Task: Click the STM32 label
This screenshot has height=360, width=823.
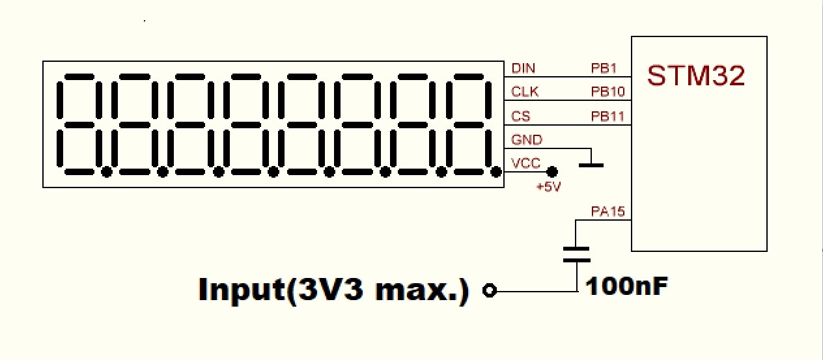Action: coord(696,76)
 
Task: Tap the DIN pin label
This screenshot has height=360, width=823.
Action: coord(523,68)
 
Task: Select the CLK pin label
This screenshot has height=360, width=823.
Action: coord(525,92)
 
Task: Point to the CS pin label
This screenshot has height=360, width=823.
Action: coord(520,116)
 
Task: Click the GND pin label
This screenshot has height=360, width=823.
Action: coord(527,139)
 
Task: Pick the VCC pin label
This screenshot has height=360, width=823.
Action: coord(526,163)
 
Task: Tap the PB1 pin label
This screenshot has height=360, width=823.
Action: coord(604,68)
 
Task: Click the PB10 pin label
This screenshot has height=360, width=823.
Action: coord(607,92)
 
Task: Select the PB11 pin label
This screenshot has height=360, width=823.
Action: coord(607,116)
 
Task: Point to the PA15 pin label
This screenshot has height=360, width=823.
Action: coord(607,212)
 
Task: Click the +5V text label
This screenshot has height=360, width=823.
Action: coord(548,187)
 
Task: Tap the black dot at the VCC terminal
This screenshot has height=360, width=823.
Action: coord(552,173)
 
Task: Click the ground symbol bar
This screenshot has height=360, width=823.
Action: coord(591,165)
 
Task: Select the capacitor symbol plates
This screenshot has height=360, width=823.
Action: coord(576,254)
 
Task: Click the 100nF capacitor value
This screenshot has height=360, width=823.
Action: coord(626,286)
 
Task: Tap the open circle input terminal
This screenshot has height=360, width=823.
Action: coord(490,291)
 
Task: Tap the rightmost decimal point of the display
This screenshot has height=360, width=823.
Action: coord(497,172)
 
